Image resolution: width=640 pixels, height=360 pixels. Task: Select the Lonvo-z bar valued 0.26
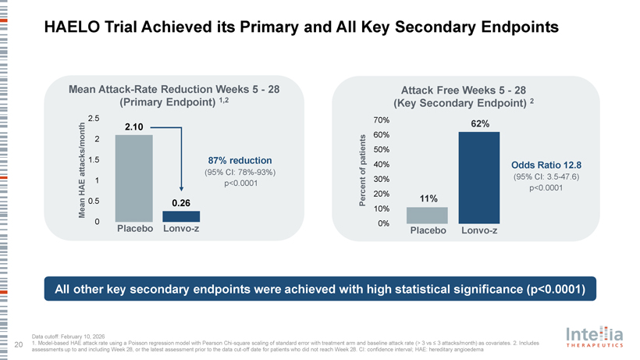181,216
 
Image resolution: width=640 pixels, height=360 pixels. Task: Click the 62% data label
480,124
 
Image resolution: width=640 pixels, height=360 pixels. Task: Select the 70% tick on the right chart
381,120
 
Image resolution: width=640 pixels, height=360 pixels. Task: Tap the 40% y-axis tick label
381,165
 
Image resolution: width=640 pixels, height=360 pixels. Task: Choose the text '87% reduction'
236,160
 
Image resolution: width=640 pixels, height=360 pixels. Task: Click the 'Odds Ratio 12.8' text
546,165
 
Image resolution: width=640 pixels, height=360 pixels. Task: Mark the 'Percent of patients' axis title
363,172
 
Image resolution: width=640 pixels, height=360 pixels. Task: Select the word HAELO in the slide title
76,27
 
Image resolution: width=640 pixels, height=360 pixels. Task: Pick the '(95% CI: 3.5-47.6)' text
546,176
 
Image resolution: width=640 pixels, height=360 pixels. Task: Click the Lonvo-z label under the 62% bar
479,231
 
